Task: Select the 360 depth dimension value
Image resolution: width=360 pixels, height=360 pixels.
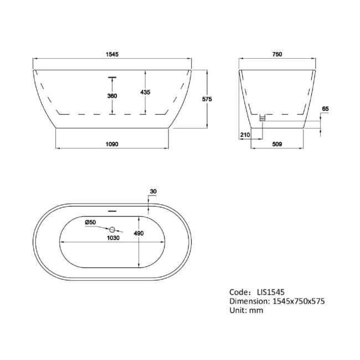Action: coord(112,96)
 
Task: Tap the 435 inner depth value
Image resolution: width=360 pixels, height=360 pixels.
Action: coord(146,92)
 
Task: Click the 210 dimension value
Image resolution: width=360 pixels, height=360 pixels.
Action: coord(245,135)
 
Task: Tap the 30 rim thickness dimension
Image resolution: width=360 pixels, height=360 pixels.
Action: coord(153,192)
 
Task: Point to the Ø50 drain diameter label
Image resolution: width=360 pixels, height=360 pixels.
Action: coord(91,222)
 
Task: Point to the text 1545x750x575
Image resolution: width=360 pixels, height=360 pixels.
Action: coord(296,301)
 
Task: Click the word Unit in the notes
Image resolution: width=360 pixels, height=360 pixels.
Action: coord(238,310)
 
